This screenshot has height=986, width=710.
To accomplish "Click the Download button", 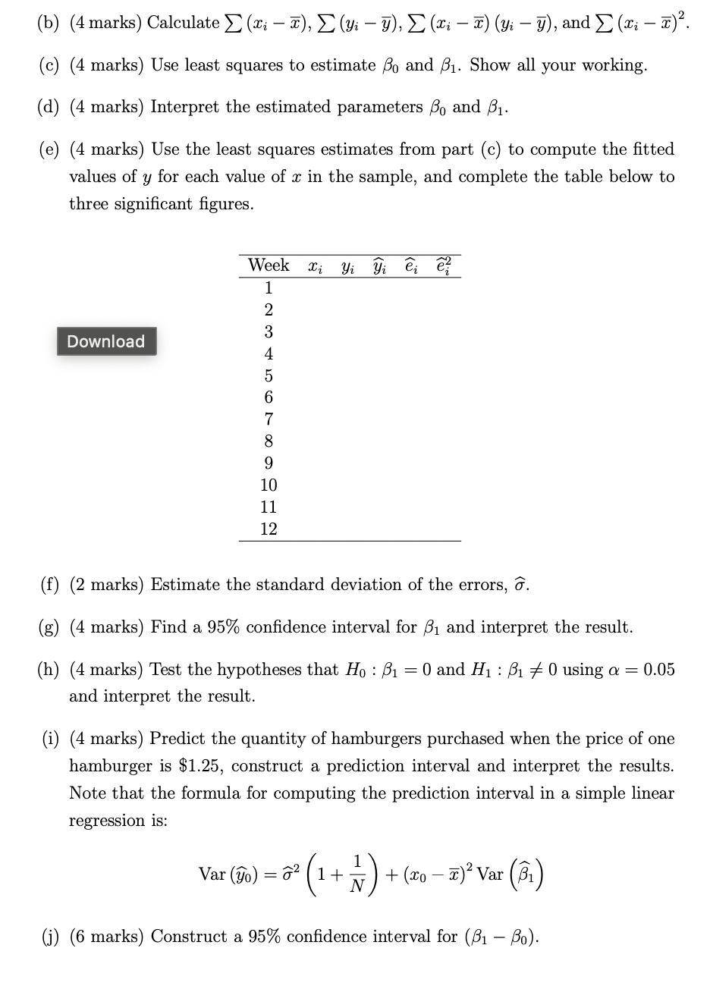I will point(106,341).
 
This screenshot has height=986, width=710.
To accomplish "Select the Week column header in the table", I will point(269,265).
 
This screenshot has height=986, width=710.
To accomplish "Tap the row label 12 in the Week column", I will point(269,529).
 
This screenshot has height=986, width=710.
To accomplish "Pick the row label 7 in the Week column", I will point(269,419).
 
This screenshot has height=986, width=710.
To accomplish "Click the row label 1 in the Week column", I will point(269,288).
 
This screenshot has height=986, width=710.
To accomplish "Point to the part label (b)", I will point(50,23).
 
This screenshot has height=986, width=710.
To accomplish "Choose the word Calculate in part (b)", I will point(183,23).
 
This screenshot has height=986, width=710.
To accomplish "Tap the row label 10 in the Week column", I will point(269,485).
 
